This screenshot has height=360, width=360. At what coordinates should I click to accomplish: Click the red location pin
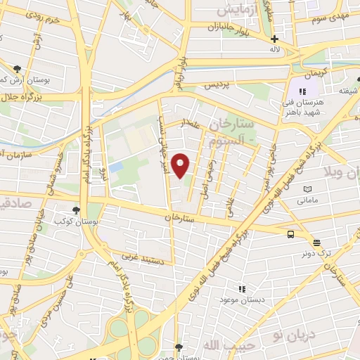pyautogui.click(x=181, y=165)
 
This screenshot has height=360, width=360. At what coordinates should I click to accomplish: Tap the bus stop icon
pyautogui.click(x=291, y=235)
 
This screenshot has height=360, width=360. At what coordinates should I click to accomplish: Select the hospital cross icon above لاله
pyautogui.click(x=274, y=39)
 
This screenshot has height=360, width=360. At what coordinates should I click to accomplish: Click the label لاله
pyautogui.click(x=274, y=51)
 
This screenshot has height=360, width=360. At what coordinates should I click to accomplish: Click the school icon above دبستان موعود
pyautogui.click(x=243, y=288)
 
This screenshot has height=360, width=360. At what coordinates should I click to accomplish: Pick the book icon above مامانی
pyautogui.click(x=307, y=189)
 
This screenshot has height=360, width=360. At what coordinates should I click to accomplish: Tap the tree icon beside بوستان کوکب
pyautogui.click(x=76, y=210)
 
